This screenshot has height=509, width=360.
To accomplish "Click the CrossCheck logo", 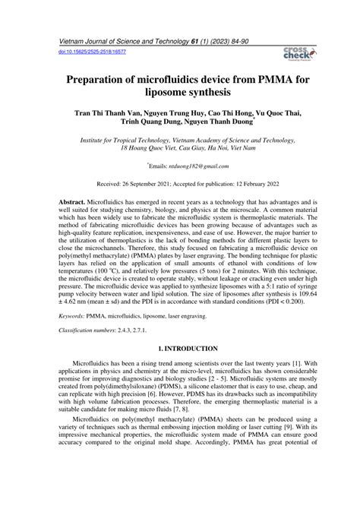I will [295, 52].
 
